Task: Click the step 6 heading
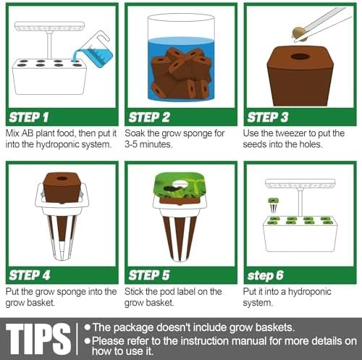[x=270, y=275]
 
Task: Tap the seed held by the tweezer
[x=295, y=31]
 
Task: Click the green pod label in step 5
[x=179, y=187]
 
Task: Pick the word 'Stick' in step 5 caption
[x=139, y=291]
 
